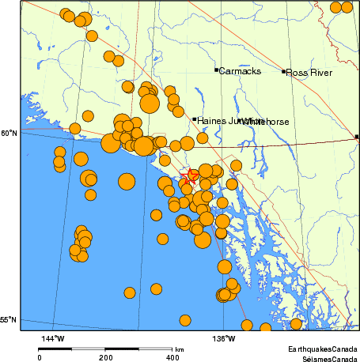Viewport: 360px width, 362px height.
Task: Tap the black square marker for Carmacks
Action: [x=216, y=70]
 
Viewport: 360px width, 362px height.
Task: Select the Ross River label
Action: [x=308, y=72]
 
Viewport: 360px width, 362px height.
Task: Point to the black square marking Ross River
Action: [x=284, y=72]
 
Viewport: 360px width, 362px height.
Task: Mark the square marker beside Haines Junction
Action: [x=195, y=119]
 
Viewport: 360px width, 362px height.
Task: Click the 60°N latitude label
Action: [x=9, y=134]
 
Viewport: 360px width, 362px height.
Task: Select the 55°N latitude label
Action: [x=9, y=320]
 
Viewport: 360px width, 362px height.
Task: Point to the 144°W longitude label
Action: [x=53, y=338]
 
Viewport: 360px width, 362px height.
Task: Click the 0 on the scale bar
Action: [x=40, y=358]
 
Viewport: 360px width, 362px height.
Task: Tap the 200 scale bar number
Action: [x=106, y=358]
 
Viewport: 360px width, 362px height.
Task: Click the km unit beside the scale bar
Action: [x=180, y=349]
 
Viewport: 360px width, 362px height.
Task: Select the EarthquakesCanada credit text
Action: [x=322, y=348]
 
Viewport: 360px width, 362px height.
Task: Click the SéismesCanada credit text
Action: [x=324, y=357]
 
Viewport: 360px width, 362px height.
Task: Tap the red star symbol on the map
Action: [x=188, y=177]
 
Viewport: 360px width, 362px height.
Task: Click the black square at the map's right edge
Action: [x=358, y=137]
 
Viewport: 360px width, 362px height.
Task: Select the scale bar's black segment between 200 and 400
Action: [x=139, y=349]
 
